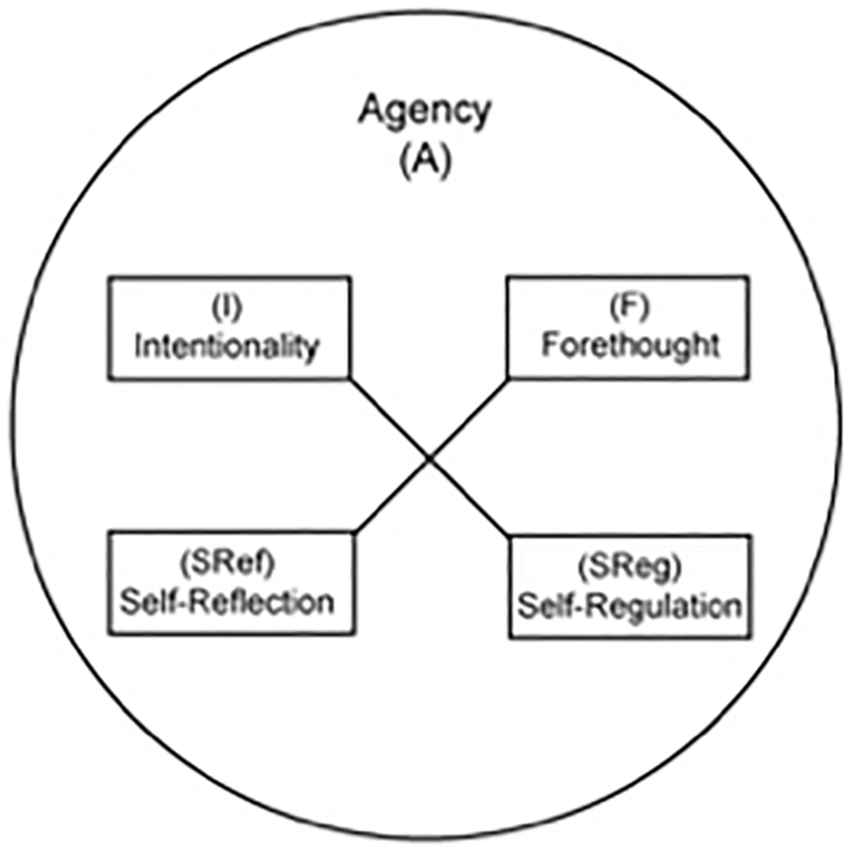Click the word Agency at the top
tap(424, 111)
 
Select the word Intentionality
tap(227, 346)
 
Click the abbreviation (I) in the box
tap(227, 308)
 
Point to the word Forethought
tap(630, 345)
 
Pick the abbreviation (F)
tap(630, 307)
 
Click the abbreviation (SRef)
tap(227, 563)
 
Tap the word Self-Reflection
tap(227, 603)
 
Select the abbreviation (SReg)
tap(630, 567)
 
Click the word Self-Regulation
tap(630, 606)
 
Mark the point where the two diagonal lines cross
tap(429, 458)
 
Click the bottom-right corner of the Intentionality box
tap(349, 378)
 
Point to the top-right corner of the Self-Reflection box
tap(354, 532)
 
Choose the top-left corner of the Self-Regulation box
tap(510, 536)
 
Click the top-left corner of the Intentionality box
tap(109, 278)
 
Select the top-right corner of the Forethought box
tap(748, 277)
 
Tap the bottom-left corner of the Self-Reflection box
tap(109, 633)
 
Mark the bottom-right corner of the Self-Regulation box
tap(750, 637)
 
